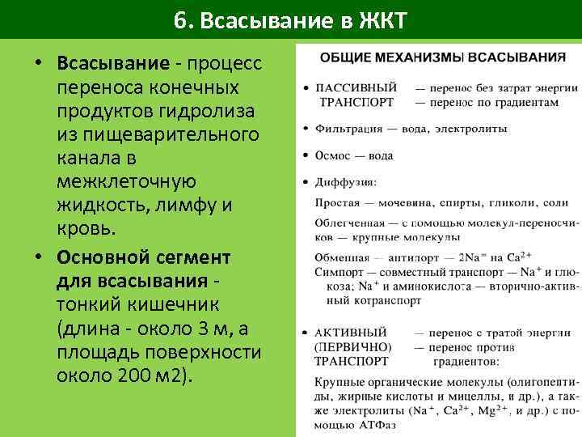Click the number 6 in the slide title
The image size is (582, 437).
pos(179,19)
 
